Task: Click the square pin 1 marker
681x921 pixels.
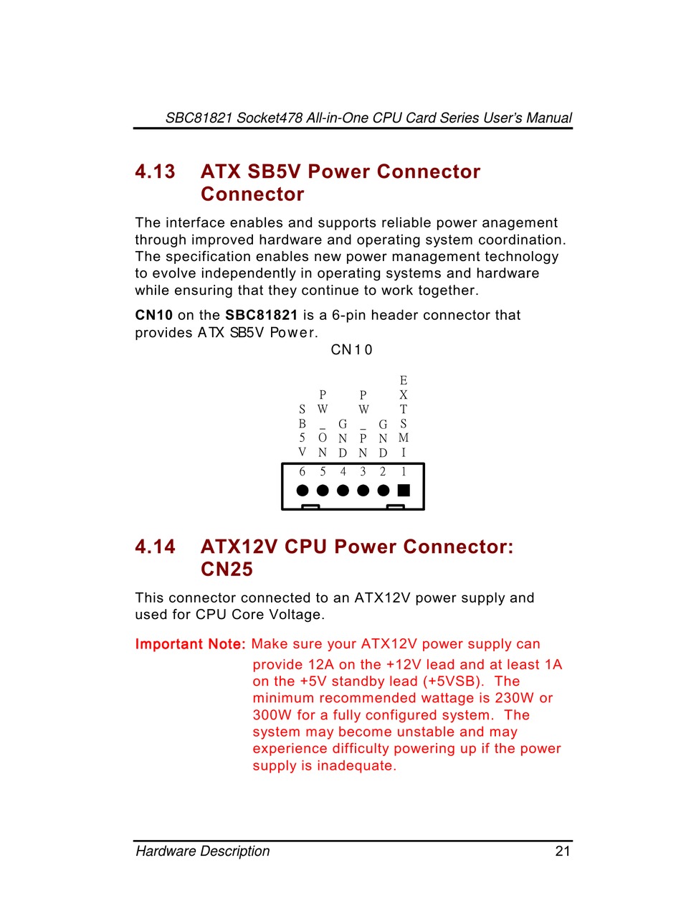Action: [x=404, y=491]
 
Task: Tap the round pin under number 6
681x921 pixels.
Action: [x=303, y=491]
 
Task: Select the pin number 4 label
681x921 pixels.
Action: [x=343, y=472]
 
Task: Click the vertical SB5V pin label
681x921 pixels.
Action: [x=303, y=430]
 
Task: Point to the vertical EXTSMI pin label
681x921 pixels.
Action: [x=404, y=416]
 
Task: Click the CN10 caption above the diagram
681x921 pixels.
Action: [x=351, y=350]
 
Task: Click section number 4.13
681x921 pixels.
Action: [x=155, y=172]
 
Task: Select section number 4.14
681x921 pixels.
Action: [x=155, y=547]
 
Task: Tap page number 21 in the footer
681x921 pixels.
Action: [x=562, y=851]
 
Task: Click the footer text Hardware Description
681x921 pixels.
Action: [x=203, y=851]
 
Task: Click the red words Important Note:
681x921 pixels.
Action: [x=191, y=644]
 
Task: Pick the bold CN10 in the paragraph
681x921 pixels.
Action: [x=153, y=316]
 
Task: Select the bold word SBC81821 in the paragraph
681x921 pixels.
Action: [x=261, y=316]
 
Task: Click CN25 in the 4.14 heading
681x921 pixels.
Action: [x=227, y=570]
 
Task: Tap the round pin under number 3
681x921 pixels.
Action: [x=363, y=491]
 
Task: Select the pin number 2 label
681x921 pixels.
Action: [x=383, y=472]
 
